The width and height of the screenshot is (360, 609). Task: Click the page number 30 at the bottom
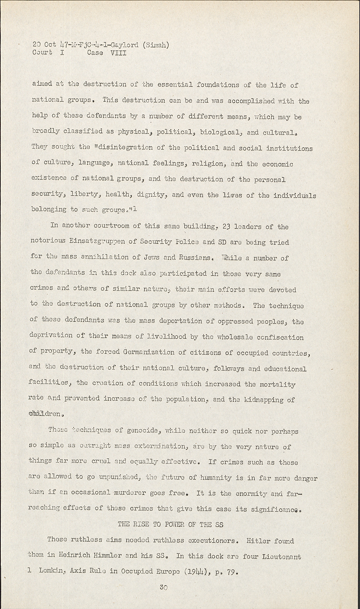pyautogui.click(x=164, y=587)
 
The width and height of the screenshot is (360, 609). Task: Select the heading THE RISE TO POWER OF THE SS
pyautogui.click(x=170, y=524)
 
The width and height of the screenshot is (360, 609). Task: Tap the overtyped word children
pyautogui.click(x=45, y=415)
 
